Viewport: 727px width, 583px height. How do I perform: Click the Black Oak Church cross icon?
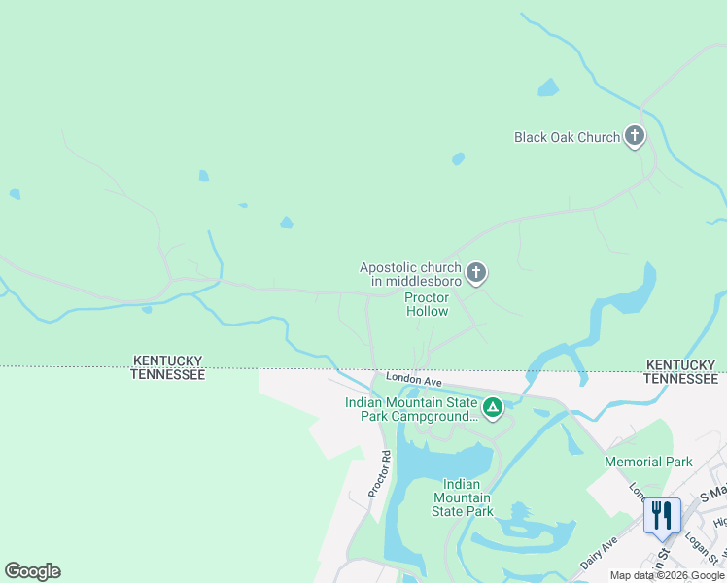635,136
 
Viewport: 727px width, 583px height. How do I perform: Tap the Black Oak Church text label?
567,137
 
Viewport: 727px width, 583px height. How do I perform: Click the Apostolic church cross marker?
476,273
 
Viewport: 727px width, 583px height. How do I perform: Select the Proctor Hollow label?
427,305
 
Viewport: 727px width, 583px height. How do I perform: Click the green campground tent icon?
493,408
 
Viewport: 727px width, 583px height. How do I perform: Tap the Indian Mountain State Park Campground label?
411,409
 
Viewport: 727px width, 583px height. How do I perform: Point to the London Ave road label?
413,378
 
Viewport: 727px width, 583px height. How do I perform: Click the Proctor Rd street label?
379,474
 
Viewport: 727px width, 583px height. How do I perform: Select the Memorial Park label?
648,462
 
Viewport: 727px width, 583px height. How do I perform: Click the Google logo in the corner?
32,571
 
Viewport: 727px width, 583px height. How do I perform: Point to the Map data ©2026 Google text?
667,575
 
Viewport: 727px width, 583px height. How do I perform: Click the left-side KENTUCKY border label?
168,361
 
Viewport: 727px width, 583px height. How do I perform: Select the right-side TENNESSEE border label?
681,378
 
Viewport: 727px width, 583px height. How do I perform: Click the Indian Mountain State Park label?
467,497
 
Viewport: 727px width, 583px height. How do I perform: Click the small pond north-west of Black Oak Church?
548,88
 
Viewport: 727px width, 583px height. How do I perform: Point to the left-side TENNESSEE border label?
168,374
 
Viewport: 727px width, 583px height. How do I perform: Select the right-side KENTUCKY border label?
681,364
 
